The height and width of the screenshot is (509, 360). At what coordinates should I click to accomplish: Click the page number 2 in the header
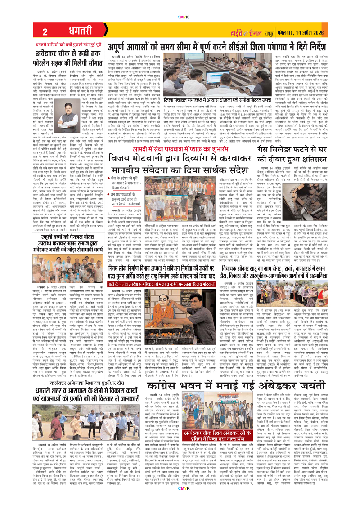(45, 31)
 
